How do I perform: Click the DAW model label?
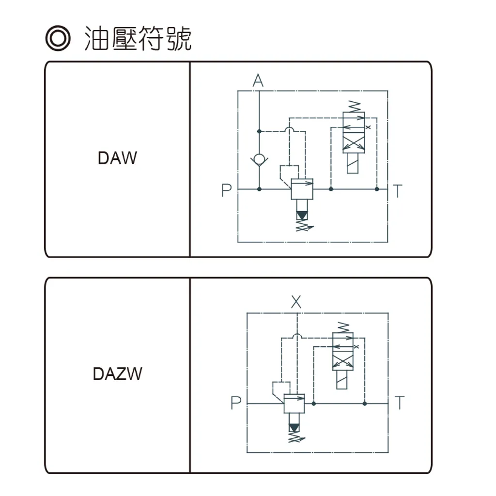click(117, 158)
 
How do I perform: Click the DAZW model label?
click(117, 374)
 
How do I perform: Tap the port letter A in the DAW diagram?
click(258, 81)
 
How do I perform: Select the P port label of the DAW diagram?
click(226, 190)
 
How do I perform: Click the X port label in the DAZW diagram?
click(296, 303)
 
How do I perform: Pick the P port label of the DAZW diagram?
click(235, 403)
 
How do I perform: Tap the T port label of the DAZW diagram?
click(399, 403)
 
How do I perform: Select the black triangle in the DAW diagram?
click(302, 214)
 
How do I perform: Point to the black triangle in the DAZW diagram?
click(294, 428)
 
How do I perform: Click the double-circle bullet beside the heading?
click(57, 39)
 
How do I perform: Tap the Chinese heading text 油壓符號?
click(138, 39)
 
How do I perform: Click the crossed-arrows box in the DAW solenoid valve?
click(354, 143)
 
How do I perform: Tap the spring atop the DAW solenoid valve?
click(354, 106)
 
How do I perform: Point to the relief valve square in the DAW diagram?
click(302, 189)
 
